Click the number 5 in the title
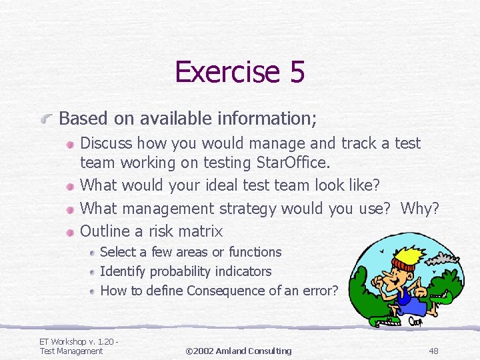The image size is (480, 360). tap(297, 72)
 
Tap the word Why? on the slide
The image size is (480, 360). tap(419, 209)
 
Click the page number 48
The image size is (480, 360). tap(433, 351)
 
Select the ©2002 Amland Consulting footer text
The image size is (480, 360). tap(239, 351)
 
